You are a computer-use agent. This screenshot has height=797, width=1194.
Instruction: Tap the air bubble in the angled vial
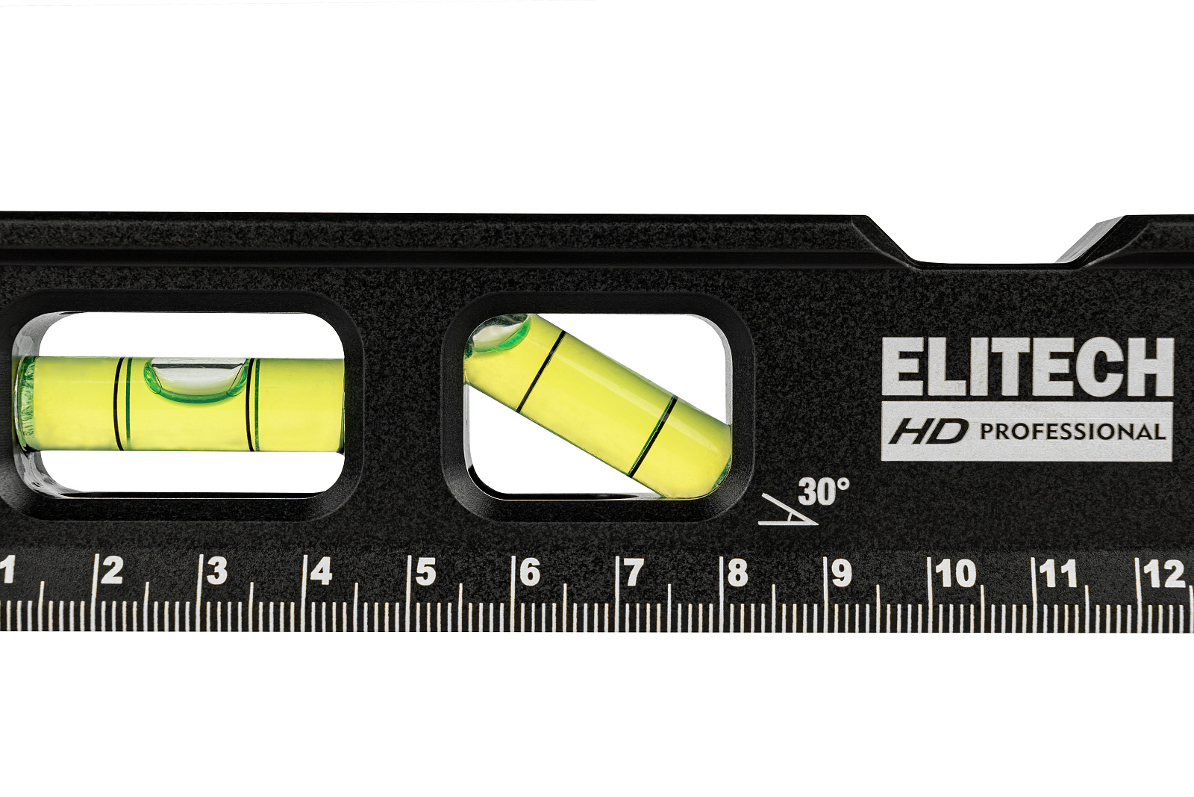[x=497, y=334]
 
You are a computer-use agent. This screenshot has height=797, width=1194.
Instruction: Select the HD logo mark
[x=928, y=432]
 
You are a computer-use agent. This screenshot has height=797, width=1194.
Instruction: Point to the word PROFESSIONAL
[x=1072, y=432]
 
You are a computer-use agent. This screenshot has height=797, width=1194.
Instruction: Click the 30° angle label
[x=824, y=491]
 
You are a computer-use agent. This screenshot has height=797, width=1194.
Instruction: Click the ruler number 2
[x=113, y=571]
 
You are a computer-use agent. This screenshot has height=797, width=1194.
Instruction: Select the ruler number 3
[x=217, y=571]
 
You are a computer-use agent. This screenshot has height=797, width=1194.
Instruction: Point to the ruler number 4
[x=322, y=571]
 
